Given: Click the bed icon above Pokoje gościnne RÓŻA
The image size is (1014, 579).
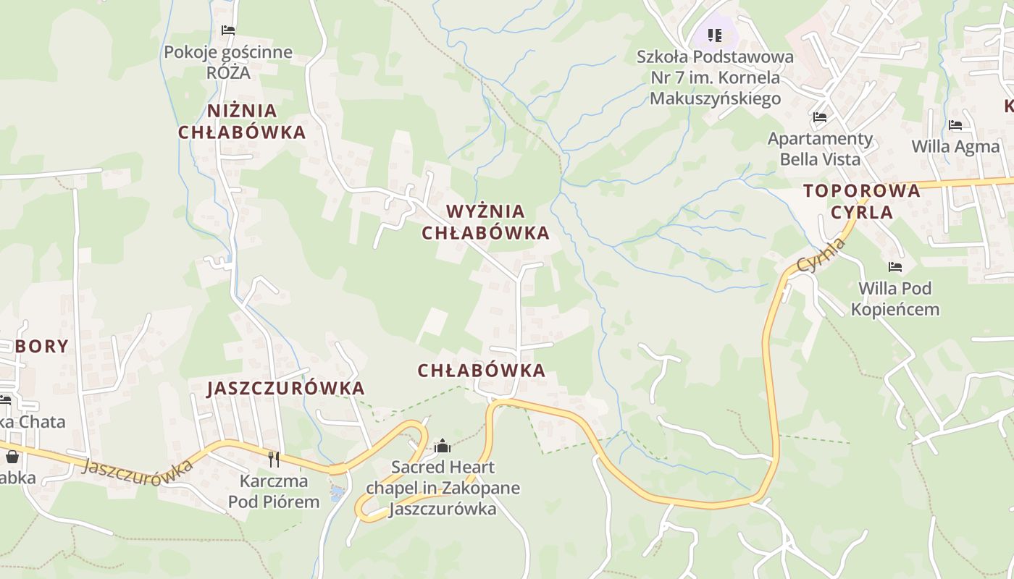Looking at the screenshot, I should [228, 30].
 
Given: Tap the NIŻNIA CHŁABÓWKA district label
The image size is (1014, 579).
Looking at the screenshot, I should [242, 122].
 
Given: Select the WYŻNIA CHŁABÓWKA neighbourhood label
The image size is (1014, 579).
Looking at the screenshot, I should [485, 222].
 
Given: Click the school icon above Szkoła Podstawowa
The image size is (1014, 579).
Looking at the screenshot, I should [715, 35].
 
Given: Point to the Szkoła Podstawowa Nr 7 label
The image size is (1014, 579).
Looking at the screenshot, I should [715, 77].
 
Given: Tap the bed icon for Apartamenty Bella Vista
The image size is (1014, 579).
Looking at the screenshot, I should [820, 117].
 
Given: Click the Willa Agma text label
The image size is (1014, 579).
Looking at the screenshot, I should [955, 146].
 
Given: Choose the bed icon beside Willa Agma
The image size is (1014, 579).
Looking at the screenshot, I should [955, 125].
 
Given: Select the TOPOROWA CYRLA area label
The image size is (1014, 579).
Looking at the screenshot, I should [862, 201].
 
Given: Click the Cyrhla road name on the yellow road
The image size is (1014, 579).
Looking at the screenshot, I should [821, 255].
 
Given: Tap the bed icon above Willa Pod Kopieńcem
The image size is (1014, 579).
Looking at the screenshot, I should [895, 267].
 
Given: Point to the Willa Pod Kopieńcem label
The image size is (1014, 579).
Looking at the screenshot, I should [895, 299].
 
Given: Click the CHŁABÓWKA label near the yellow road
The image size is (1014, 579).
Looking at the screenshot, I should [481, 371].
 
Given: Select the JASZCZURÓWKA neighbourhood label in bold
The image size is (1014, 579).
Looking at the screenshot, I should [286, 389].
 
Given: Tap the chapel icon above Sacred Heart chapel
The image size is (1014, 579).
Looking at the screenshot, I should [442, 447].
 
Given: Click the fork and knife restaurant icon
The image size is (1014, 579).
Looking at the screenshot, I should [274, 459].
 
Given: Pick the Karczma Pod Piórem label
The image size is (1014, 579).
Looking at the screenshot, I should [274, 491].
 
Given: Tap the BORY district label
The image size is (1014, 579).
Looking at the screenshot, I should [42, 347].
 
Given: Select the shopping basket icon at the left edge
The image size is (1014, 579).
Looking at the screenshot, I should [12, 457].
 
